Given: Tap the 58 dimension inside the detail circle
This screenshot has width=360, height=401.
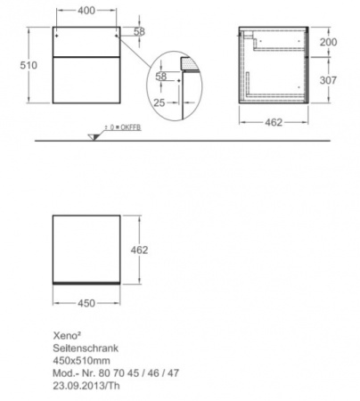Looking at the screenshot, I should (x=161, y=78).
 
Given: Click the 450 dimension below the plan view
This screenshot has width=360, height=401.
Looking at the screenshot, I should (x=86, y=302).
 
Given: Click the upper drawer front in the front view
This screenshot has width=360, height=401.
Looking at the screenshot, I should (x=86, y=39).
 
